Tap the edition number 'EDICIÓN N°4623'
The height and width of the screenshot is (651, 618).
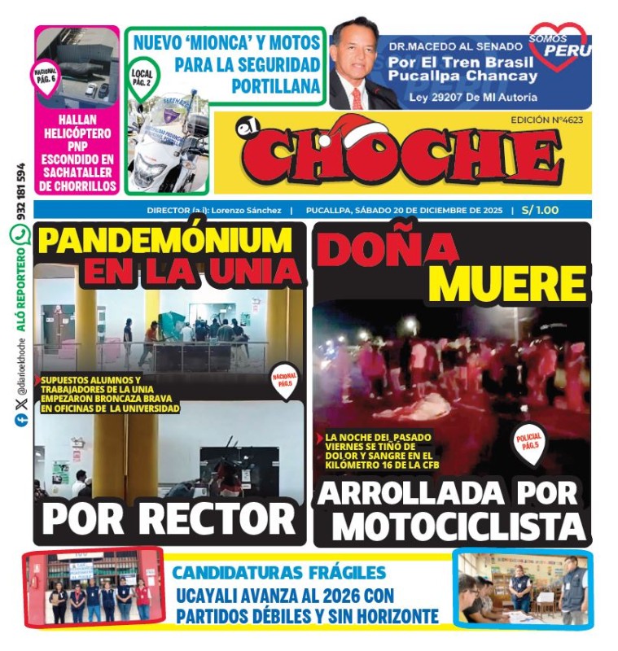pos(546,119)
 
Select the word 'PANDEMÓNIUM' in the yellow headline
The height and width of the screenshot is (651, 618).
pos(164,241)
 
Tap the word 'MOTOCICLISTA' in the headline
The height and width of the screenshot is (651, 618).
pos(459,526)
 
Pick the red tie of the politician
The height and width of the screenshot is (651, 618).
pos(356,97)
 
